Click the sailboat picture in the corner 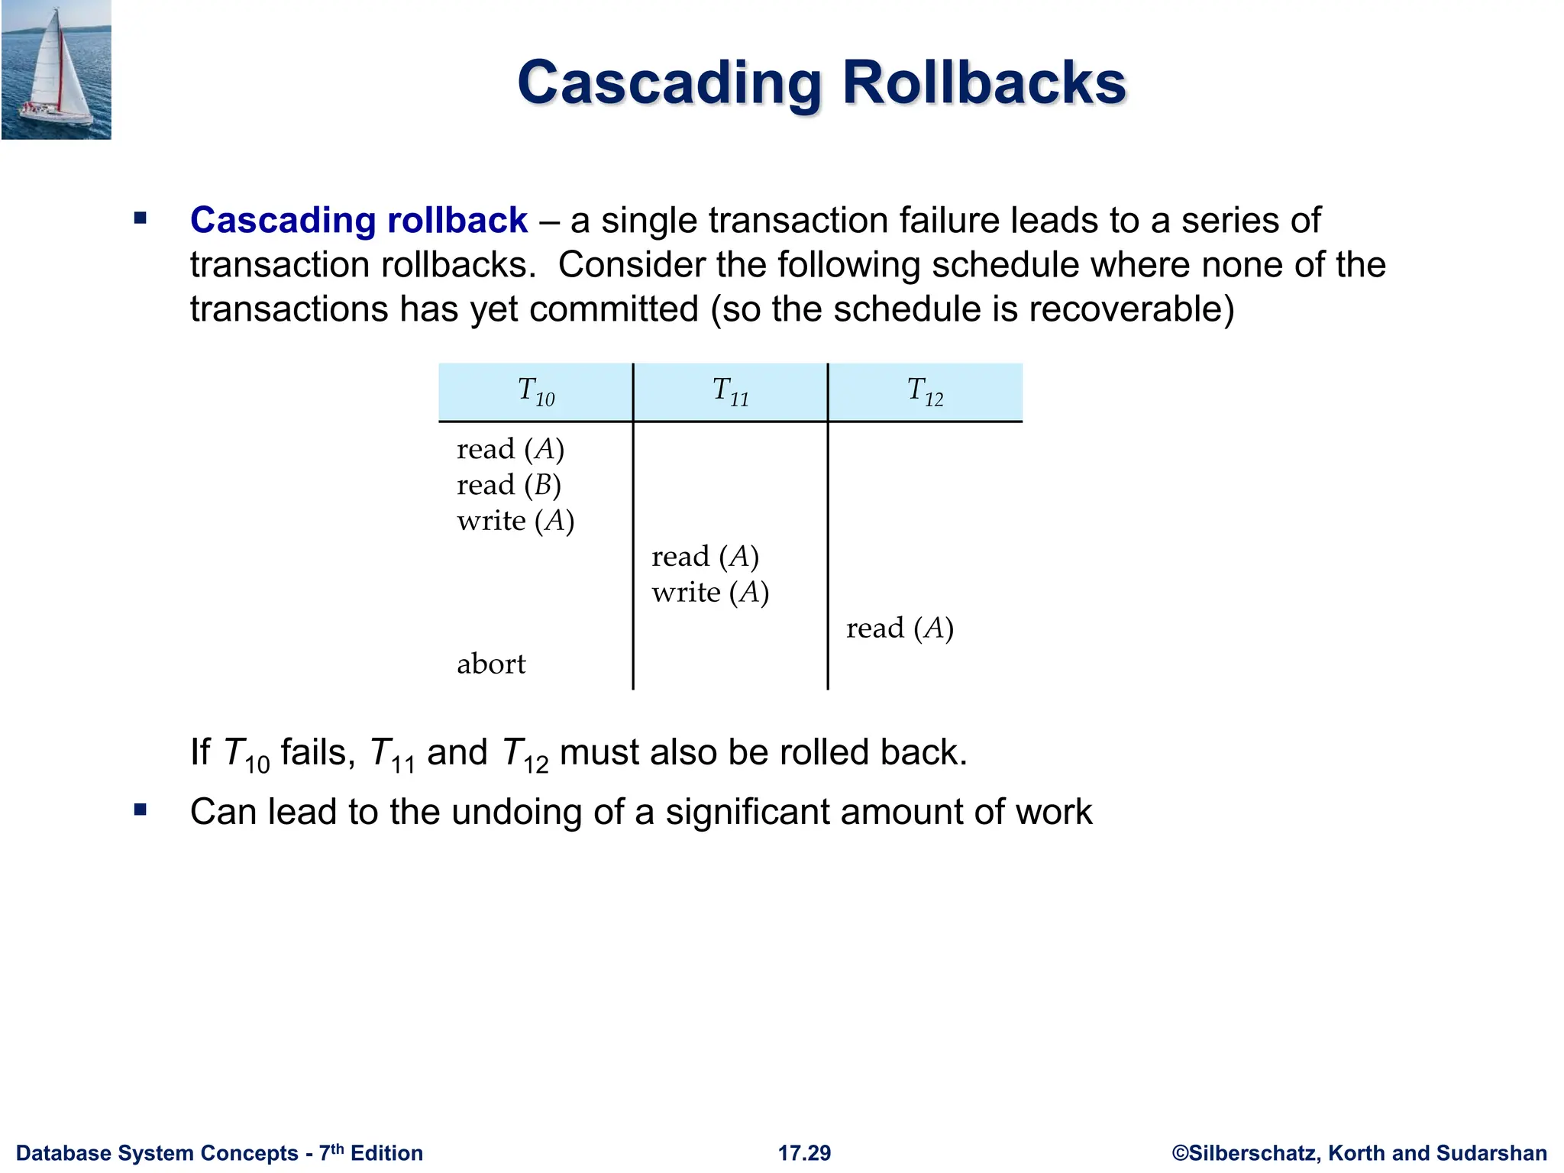click(56, 69)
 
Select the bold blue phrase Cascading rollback click(358, 221)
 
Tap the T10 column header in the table click(536, 392)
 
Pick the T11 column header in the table click(731, 392)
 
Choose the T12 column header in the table click(926, 392)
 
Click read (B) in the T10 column click(509, 485)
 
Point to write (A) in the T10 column click(515, 521)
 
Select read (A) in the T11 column click(705, 557)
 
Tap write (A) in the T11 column click(710, 593)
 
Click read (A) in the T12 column click(900, 629)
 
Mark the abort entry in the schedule click(491, 664)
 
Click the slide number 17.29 click(804, 1153)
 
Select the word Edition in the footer click(386, 1153)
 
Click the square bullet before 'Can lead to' click(140, 809)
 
